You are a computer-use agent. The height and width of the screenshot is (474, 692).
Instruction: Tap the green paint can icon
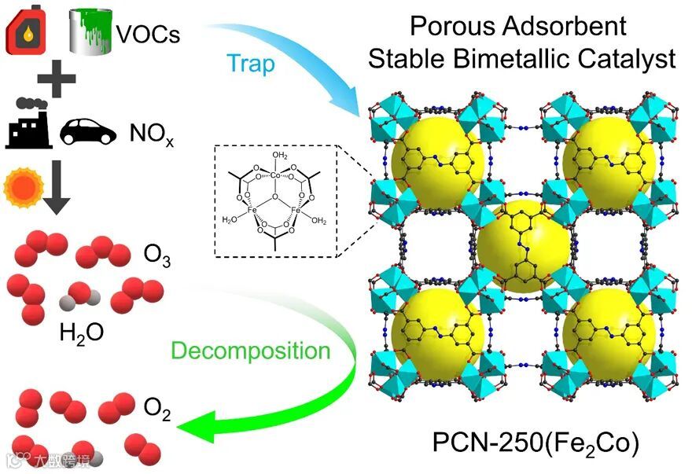[x=91, y=31]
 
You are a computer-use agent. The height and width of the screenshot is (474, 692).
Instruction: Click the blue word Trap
[x=250, y=63]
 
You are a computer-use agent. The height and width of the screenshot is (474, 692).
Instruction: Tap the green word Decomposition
[x=250, y=351]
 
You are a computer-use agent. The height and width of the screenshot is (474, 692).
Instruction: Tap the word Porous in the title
[x=454, y=26]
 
